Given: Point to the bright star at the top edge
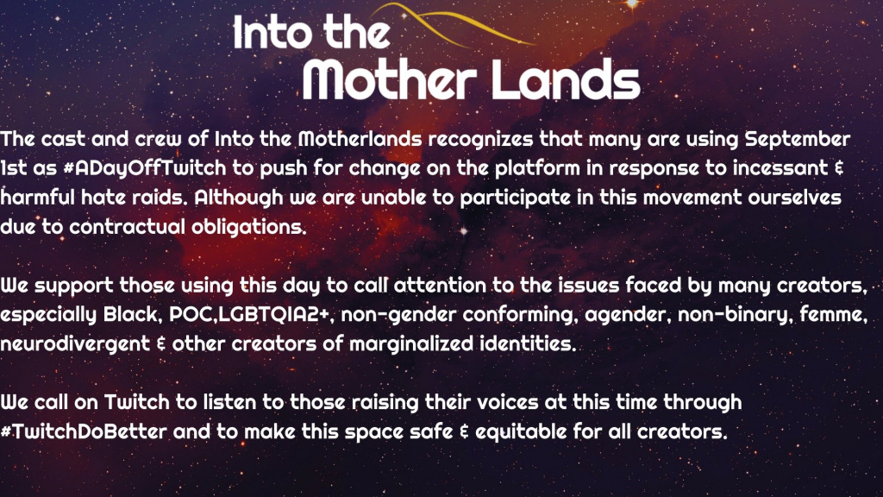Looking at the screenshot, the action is pos(632,4).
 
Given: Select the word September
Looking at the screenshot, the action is pos(798,140).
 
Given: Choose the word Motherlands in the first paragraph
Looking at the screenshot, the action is pos(360,139).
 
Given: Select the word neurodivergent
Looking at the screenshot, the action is pos(75,344).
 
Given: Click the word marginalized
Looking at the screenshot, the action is pos(411,343).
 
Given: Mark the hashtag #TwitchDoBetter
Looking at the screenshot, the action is pos(84,431).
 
